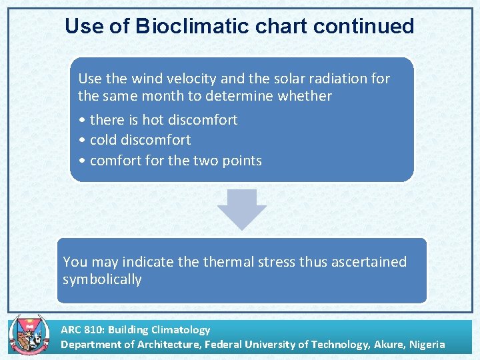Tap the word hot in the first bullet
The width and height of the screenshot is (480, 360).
(x=152, y=120)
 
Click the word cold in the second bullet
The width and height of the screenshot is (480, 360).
(x=103, y=140)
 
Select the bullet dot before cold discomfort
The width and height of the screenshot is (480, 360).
(x=81, y=141)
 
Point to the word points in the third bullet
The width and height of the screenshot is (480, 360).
(x=241, y=161)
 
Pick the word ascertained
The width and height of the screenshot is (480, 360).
(x=365, y=262)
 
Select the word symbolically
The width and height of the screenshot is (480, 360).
(x=102, y=279)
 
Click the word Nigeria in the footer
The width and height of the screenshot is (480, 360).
(x=427, y=345)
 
